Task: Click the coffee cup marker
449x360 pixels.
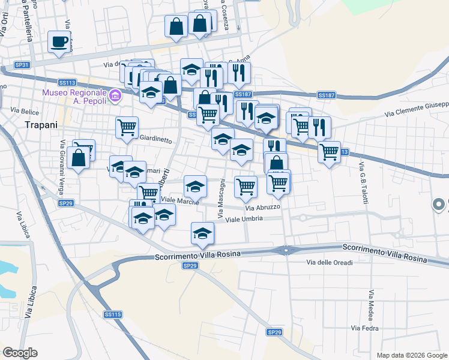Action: pyautogui.click(x=59, y=42)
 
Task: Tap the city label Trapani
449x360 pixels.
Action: pyautogui.click(x=41, y=125)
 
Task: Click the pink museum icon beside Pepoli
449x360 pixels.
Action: pyautogui.click(x=115, y=95)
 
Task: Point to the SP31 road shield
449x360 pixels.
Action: pyautogui.click(x=22, y=65)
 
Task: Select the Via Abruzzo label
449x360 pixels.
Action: pyautogui.click(x=263, y=208)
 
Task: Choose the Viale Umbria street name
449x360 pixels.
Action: pyautogui.click(x=244, y=219)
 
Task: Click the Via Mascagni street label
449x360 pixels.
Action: pyautogui.click(x=221, y=197)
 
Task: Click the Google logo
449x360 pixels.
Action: pyautogui.click(x=20, y=353)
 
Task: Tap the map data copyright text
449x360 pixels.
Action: pyautogui.click(x=412, y=355)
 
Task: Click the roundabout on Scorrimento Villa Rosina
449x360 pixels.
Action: pyautogui.click(x=286, y=251)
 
